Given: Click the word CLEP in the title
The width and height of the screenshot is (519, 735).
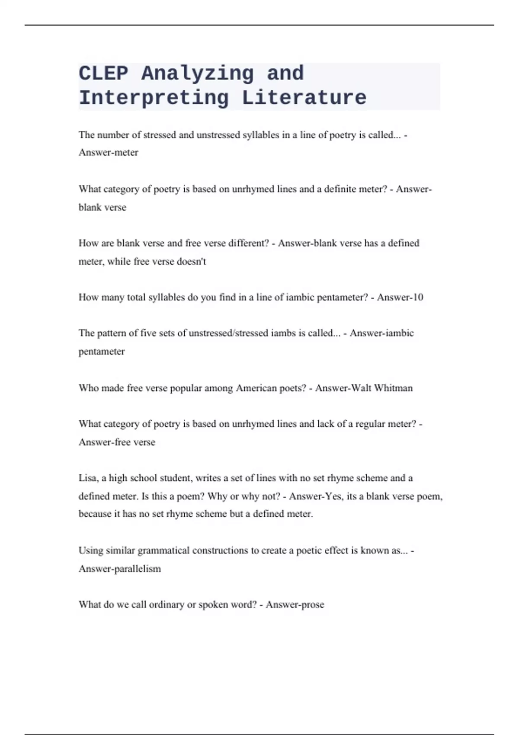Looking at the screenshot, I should tap(103, 73).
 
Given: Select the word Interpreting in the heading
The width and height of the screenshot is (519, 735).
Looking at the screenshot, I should tap(154, 98).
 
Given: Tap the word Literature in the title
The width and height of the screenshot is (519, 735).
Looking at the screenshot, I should tap(304, 98).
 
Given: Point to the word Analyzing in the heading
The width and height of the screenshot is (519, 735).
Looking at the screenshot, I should tap(197, 73).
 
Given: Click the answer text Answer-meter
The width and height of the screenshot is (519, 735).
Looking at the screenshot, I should tap(109, 153).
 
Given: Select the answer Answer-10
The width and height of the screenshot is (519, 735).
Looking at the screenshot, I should tap(400, 297).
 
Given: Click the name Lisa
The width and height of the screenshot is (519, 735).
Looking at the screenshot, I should tap(88, 478).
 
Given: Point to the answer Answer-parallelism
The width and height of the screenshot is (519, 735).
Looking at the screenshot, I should tap(120, 569).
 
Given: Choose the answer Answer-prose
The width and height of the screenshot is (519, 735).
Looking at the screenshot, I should tap(295, 605).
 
